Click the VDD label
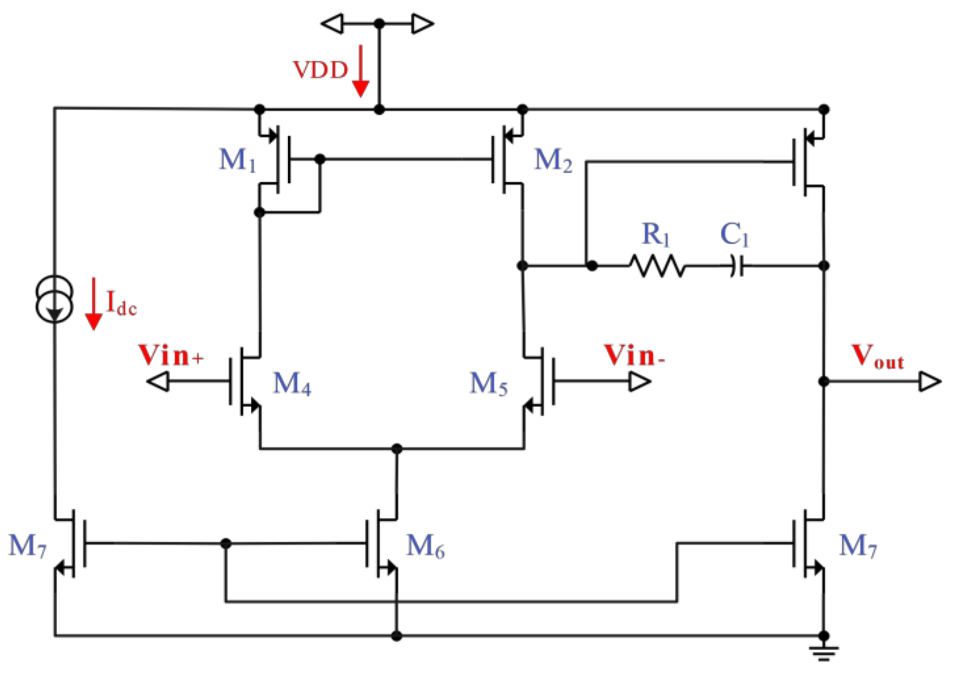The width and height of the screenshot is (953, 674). coord(320,70)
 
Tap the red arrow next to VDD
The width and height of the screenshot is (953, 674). coord(361,72)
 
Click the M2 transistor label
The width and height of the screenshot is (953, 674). coord(553,160)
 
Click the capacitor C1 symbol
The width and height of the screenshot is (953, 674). coord(737,266)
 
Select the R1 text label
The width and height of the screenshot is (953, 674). coord(655,234)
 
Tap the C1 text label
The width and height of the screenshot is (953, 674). coord(734,234)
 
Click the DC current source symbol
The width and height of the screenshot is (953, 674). coord(54,299)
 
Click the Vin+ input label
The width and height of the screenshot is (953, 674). coord(171,355)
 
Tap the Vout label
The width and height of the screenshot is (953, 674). coord(877,356)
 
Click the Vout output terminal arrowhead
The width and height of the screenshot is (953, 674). coord(929,381)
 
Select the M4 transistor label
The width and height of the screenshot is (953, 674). coord(292,384)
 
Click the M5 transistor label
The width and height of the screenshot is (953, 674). coord(488,384)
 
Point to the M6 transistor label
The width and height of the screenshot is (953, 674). coord(425,547)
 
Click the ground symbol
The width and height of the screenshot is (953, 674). coord(823,653)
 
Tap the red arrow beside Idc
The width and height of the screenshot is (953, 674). coord(94,304)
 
